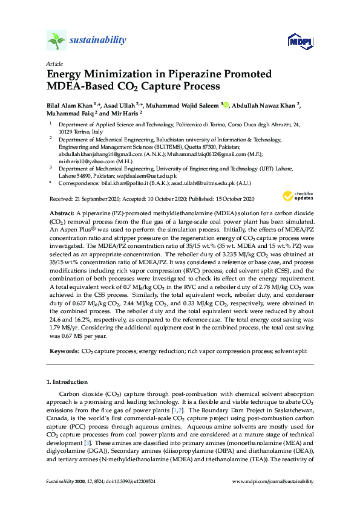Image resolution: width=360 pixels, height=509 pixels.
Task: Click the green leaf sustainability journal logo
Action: (x=56, y=41)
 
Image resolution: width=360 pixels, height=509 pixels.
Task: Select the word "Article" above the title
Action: (x=54, y=63)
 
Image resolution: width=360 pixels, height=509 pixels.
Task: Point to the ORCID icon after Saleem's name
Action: (x=226, y=105)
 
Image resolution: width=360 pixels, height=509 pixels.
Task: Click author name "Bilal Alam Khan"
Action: (x=67, y=105)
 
